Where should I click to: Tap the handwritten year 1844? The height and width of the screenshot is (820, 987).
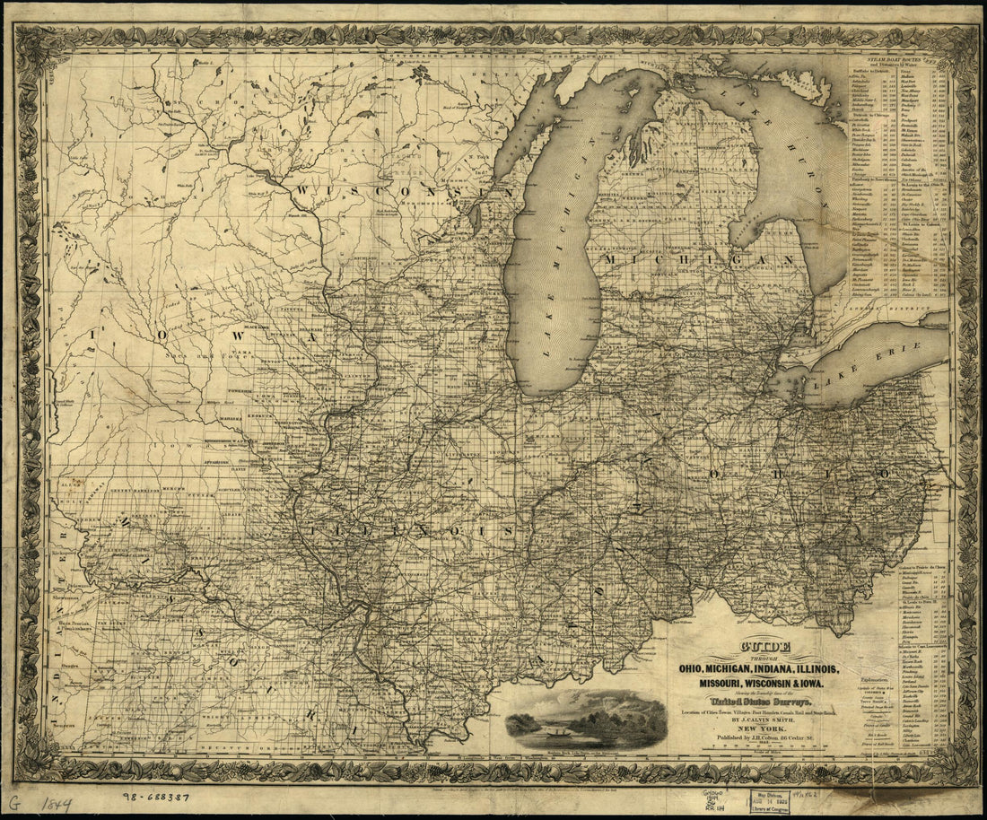[56, 803]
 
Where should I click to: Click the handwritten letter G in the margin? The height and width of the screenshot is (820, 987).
[13, 801]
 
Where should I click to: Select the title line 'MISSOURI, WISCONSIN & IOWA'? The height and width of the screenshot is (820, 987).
[764, 684]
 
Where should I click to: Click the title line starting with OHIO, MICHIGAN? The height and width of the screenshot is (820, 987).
[764, 670]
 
